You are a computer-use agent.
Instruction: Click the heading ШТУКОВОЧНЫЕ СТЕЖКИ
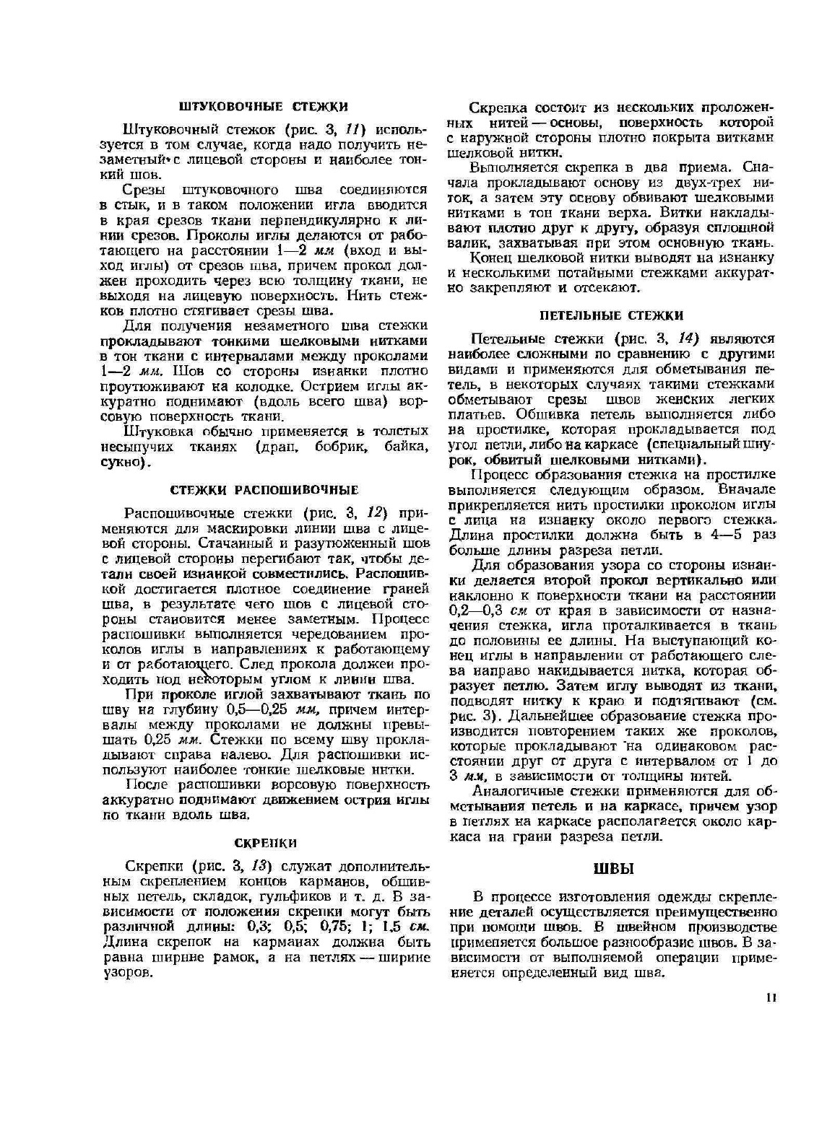coord(263,107)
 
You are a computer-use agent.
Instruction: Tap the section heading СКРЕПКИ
coord(266,843)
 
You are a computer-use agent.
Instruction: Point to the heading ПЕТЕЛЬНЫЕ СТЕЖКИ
coord(611,315)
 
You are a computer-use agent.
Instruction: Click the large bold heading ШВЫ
coord(612,869)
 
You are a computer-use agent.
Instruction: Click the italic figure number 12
coord(373,513)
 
